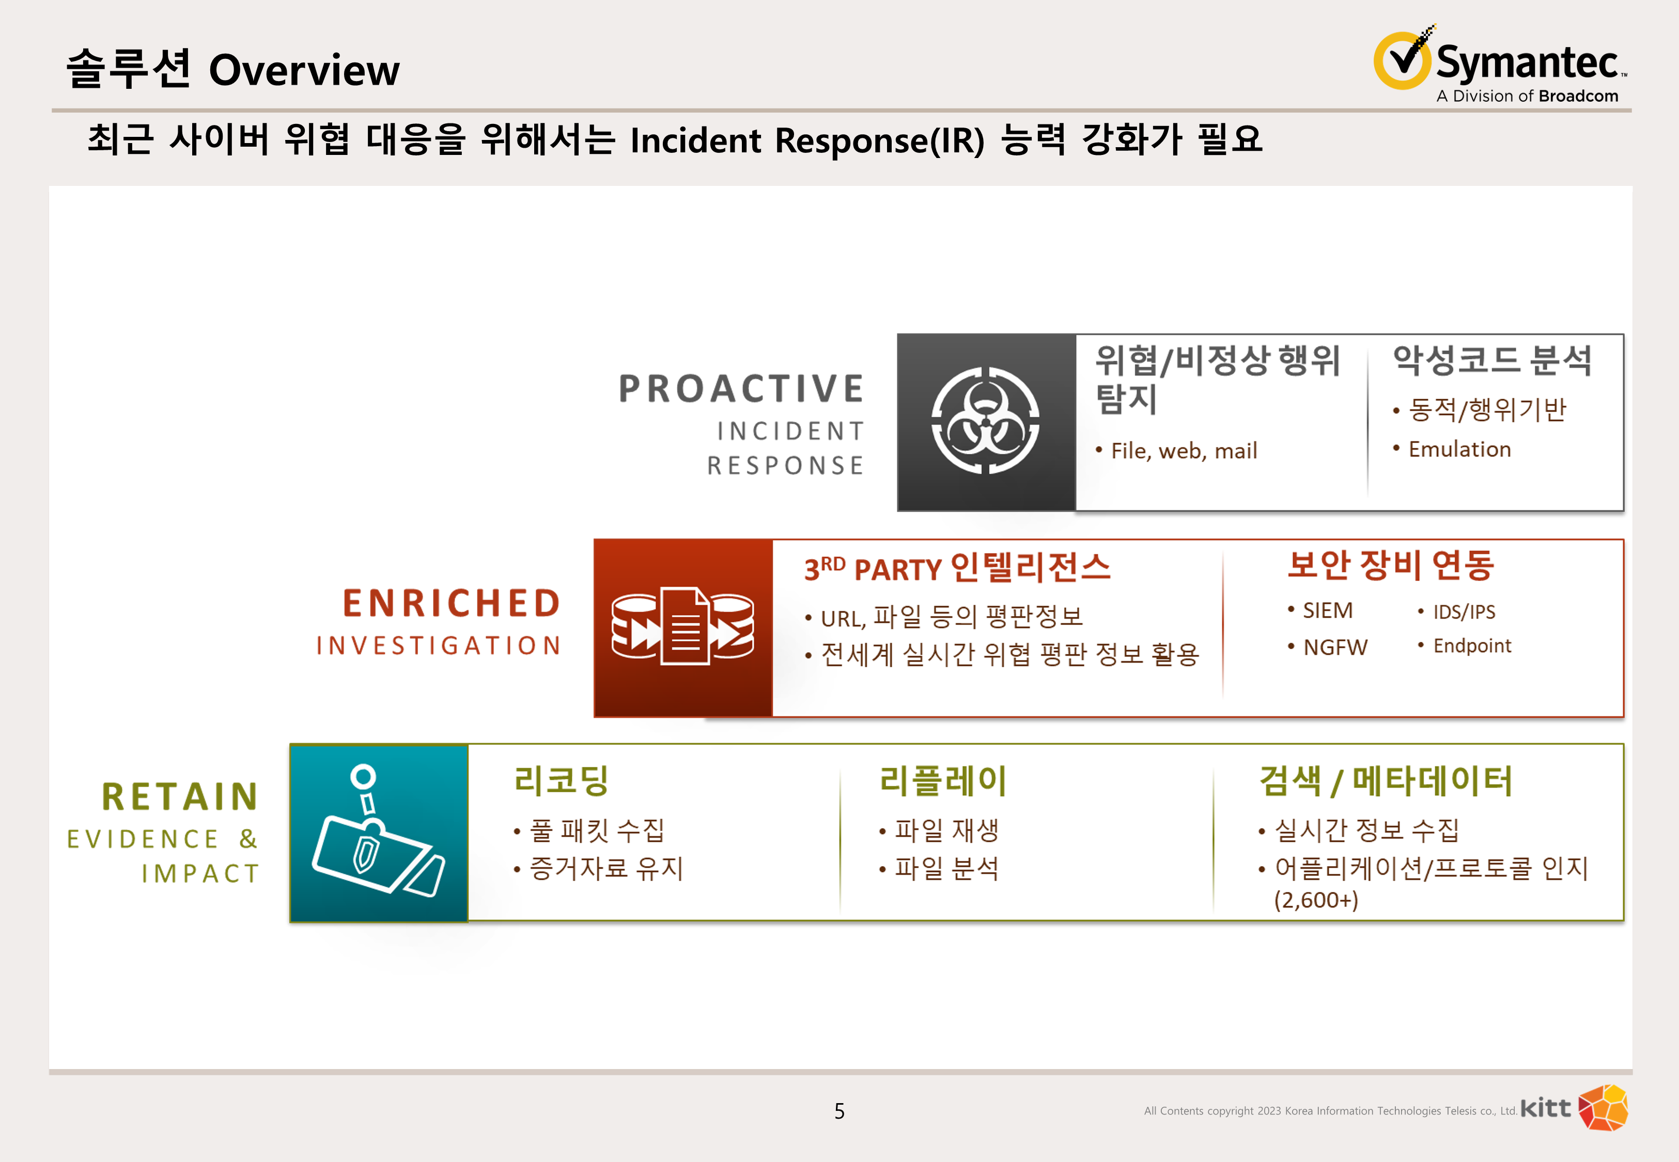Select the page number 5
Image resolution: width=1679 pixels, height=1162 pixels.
[839, 1111]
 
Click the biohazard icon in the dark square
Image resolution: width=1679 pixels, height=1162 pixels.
[985, 421]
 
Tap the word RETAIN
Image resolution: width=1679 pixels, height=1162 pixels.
[180, 796]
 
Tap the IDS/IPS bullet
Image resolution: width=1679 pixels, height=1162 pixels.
[1456, 611]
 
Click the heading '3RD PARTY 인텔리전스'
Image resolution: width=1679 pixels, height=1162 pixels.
[957, 567]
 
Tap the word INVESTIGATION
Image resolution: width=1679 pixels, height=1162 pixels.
[438, 645]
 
